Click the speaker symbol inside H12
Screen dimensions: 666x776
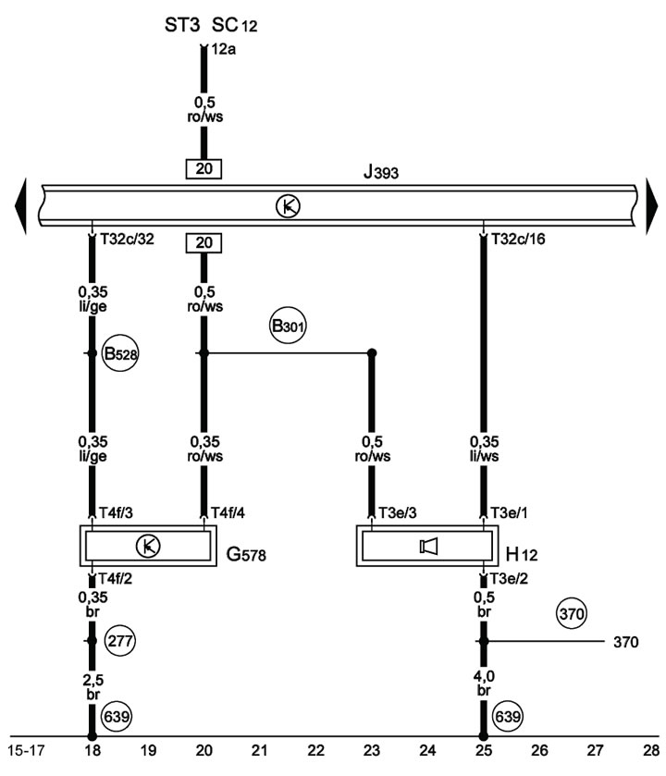428,546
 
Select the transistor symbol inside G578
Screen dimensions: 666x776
148,546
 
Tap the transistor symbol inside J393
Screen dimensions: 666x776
288,206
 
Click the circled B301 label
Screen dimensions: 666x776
288,326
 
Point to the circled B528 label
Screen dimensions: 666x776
120,353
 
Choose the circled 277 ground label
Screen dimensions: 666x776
120,641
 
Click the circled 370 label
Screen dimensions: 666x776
572,613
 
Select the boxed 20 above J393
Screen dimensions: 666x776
203,168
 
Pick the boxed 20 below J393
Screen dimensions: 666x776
203,243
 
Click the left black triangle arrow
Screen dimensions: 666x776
20,206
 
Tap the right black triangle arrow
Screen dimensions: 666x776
652,206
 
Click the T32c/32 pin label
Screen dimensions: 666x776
127,239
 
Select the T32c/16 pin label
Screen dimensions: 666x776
518,239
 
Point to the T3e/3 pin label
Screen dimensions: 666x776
398,512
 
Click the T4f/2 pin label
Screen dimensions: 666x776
115,579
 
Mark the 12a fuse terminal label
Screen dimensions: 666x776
223,50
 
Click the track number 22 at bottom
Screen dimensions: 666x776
315,751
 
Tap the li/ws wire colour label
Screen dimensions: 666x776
484,456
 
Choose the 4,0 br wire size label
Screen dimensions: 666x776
484,683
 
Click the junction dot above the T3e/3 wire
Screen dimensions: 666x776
372,353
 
